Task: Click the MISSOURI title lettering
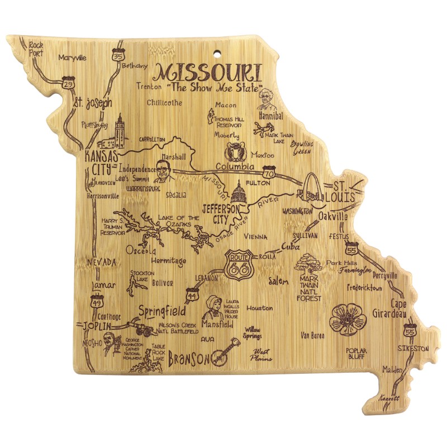207,73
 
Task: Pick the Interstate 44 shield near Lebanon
192,292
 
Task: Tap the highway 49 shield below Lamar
95,302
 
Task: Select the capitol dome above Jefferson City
238,194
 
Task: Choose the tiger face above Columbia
234,151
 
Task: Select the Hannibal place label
271,115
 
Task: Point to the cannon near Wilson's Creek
140,327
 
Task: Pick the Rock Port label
36,49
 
